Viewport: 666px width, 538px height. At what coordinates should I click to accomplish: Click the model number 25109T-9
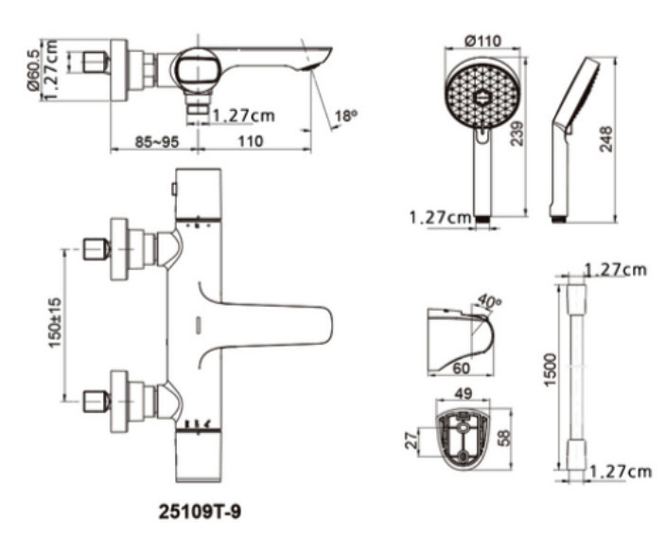coord(200,511)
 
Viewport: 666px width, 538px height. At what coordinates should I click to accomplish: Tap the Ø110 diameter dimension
coord(482,42)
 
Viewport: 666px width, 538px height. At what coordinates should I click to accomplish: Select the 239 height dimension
coord(517,134)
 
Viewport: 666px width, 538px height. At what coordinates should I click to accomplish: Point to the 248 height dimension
coord(606,138)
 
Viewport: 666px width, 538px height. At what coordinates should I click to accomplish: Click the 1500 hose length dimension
coord(550,369)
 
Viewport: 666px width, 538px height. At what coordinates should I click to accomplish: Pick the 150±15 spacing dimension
coord(55,323)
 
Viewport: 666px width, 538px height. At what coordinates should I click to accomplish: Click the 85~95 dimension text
coord(157,142)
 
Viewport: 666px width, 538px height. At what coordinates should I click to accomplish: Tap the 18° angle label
coord(346,116)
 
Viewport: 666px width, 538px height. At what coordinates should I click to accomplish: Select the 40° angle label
coord(489,301)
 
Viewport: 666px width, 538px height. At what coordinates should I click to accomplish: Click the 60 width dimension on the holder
coord(462,368)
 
